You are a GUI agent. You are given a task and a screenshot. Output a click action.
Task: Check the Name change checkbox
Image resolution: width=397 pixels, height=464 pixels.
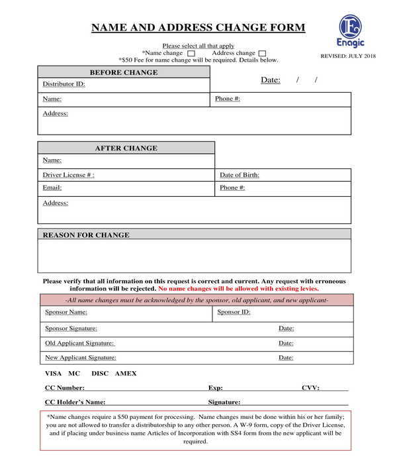[x=191, y=54]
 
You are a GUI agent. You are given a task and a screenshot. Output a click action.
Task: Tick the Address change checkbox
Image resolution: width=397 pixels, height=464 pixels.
[x=263, y=54]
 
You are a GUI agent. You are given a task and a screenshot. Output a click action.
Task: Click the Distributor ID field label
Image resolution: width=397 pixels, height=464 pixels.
[x=64, y=84]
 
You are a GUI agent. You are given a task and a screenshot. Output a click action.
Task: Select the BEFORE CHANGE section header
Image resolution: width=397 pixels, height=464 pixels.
[x=124, y=72]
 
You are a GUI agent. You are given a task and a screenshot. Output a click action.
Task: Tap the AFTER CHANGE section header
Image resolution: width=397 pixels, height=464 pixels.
[x=126, y=148]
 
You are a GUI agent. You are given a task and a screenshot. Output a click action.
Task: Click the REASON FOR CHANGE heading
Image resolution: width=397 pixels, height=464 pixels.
[x=86, y=235]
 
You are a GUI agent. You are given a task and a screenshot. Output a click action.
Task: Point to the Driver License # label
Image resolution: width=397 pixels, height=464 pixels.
[x=68, y=175]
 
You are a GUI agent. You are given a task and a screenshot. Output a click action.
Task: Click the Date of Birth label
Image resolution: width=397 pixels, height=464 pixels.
[x=239, y=175]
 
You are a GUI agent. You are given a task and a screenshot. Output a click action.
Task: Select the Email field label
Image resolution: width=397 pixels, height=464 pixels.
[x=52, y=188]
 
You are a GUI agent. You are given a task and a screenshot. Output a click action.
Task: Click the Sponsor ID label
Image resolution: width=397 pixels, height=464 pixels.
[x=234, y=312]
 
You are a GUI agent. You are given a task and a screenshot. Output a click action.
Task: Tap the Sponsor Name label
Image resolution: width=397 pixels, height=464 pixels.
[x=66, y=312]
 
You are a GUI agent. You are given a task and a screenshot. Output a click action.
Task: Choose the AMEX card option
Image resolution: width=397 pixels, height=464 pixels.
[x=126, y=374]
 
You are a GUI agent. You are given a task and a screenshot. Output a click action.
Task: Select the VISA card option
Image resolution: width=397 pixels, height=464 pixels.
[x=53, y=374]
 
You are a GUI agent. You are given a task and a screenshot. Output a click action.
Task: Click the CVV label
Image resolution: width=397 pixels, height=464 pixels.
[x=310, y=388]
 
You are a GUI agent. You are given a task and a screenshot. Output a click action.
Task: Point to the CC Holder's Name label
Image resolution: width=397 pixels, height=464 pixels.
[x=75, y=402]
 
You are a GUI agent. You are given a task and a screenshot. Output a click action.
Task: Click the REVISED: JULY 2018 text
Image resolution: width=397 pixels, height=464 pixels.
[x=348, y=56]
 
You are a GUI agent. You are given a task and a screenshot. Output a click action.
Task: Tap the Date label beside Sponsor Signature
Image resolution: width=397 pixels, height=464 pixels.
[x=286, y=328]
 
